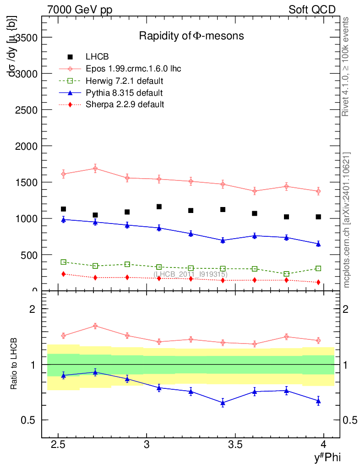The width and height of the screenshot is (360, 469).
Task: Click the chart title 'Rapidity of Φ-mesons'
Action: (191, 36)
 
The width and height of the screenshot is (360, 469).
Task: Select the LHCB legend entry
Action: (97, 57)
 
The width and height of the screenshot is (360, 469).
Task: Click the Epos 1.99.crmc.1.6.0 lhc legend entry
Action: (133, 69)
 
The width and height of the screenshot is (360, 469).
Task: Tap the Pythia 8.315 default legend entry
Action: (124, 93)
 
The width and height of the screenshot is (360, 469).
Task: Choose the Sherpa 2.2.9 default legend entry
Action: (125, 104)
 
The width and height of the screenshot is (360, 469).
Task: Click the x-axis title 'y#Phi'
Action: (327, 457)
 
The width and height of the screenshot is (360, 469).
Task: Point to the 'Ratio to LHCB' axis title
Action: (15, 364)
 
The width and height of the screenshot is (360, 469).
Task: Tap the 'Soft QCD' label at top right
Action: (312, 10)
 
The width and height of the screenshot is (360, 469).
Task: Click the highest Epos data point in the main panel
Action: (95, 168)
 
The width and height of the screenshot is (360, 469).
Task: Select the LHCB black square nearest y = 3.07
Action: (159, 207)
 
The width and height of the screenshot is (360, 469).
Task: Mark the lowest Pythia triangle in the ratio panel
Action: (223, 403)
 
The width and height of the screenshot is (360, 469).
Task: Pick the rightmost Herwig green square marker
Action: (318, 268)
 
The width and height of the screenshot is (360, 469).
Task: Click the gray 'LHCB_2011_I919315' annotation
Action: (190, 274)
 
